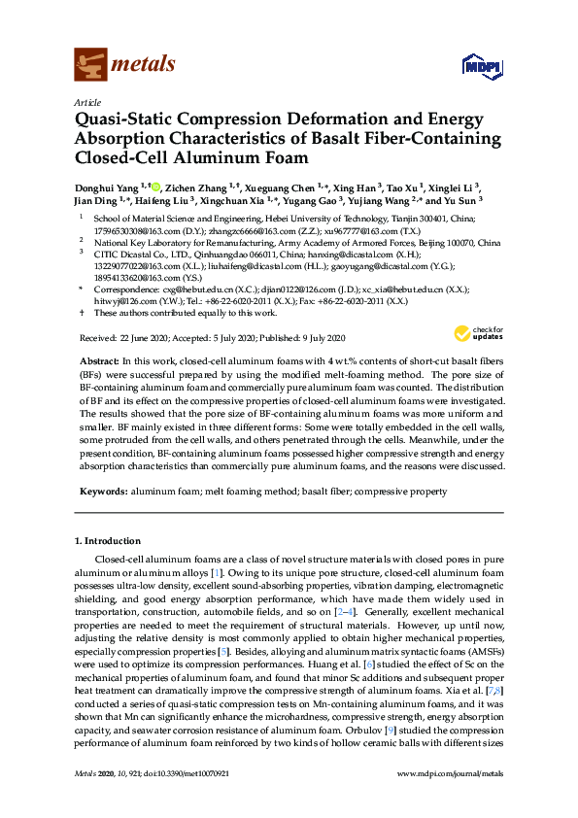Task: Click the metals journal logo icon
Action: (x=91, y=65)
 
